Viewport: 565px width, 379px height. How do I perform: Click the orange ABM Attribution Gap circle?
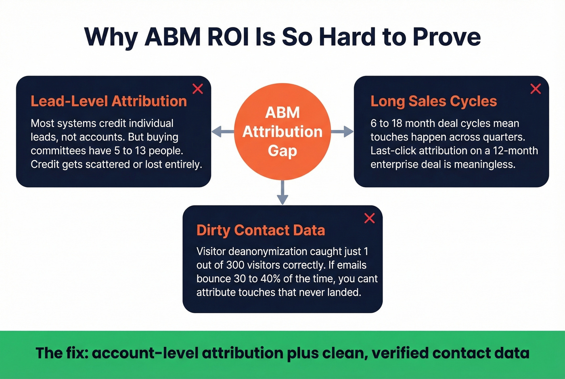pyautogui.click(x=282, y=131)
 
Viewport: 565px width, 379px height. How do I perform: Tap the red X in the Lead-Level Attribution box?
pyautogui.click(x=198, y=89)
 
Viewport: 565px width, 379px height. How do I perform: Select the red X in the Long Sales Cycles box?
pyautogui.click(x=536, y=89)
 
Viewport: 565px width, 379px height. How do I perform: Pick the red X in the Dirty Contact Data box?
pyautogui.click(x=369, y=218)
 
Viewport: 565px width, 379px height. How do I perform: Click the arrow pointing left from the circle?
pyautogui.click(x=222, y=131)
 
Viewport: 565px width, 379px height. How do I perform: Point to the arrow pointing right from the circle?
pyautogui.click(x=343, y=131)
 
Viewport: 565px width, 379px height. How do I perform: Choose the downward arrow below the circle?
pyautogui.click(x=282, y=193)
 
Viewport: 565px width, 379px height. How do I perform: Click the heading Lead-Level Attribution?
pyautogui.click(x=109, y=101)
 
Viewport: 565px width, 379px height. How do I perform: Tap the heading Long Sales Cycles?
pyautogui.click(x=433, y=101)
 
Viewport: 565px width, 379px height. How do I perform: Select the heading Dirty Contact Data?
pyautogui.click(x=261, y=230)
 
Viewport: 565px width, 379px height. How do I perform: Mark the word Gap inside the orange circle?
pyautogui.click(x=282, y=151)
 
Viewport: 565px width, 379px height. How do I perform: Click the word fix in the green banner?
pyautogui.click(x=77, y=353)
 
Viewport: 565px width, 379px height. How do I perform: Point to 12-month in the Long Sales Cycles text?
pyautogui.click(x=515, y=151)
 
